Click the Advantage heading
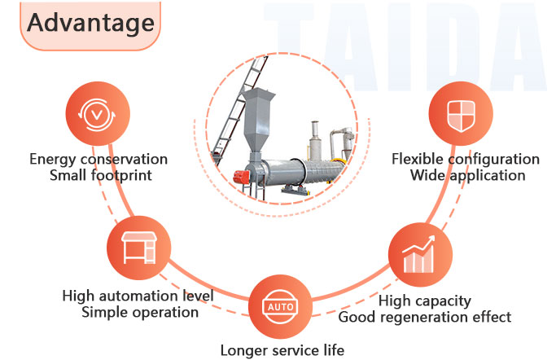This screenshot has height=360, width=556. pos(90,22)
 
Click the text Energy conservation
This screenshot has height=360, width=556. pos(99,159)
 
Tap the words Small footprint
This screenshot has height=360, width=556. pos(99,175)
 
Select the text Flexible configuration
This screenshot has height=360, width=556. pos(466,159)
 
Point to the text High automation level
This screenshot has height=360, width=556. pos(138,296)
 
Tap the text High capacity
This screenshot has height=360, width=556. pos(425,301)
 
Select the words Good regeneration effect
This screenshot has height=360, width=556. pos(425,317)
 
